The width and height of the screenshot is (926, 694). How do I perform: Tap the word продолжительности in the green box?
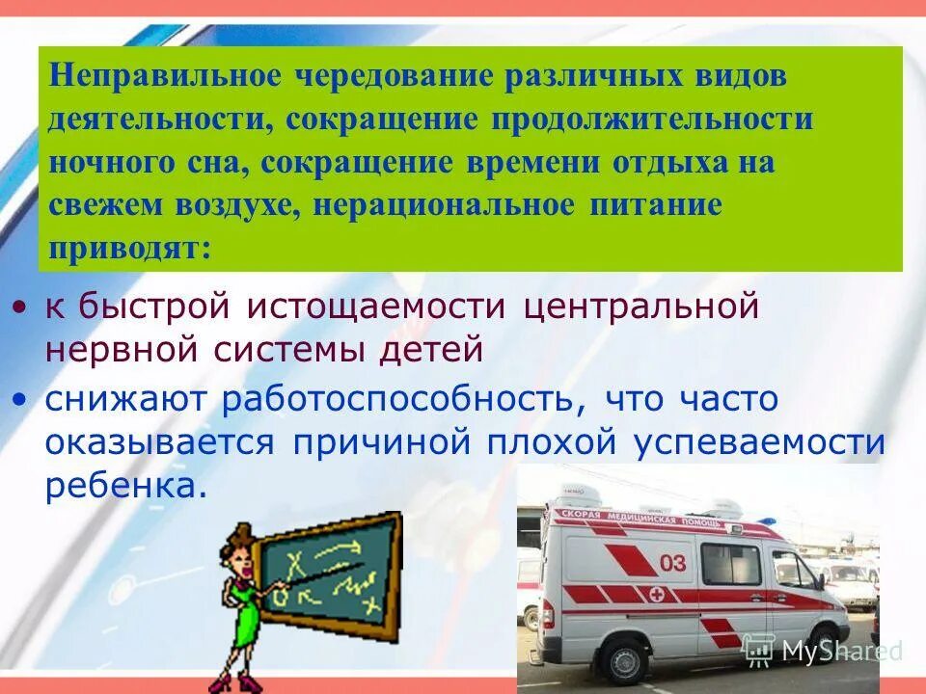(x=654, y=120)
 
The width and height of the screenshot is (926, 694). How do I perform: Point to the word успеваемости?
(x=759, y=442)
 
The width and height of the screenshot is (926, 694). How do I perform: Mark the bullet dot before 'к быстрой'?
(x=21, y=309)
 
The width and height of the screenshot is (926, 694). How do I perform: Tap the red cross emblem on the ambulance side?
(x=656, y=592)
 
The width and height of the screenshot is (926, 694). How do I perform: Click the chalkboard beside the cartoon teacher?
(x=333, y=574)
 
